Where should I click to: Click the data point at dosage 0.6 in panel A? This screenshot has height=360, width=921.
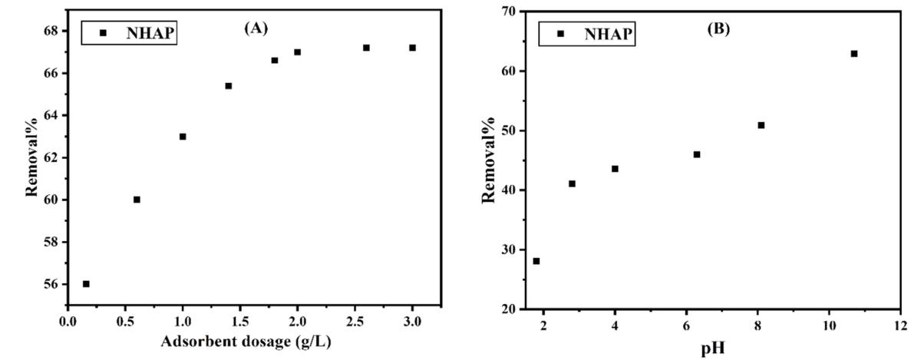click(137, 200)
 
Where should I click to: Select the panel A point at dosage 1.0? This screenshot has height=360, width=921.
click(183, 137)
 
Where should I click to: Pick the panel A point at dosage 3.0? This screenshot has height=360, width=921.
click(412, 48)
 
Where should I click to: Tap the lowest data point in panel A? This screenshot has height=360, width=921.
click(86, 284)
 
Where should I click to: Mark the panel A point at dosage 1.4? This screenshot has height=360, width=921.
click(229, 86)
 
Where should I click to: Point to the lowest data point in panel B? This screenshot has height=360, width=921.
click(536, 261)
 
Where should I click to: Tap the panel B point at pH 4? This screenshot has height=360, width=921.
click(615, 169)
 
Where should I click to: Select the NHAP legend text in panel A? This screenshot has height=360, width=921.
click(146, 33)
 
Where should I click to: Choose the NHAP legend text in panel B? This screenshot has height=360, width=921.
click(608, 34)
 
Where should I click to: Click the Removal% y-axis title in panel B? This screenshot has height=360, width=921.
click(489, 161)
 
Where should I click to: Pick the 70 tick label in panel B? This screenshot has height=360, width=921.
click(507, 12)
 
